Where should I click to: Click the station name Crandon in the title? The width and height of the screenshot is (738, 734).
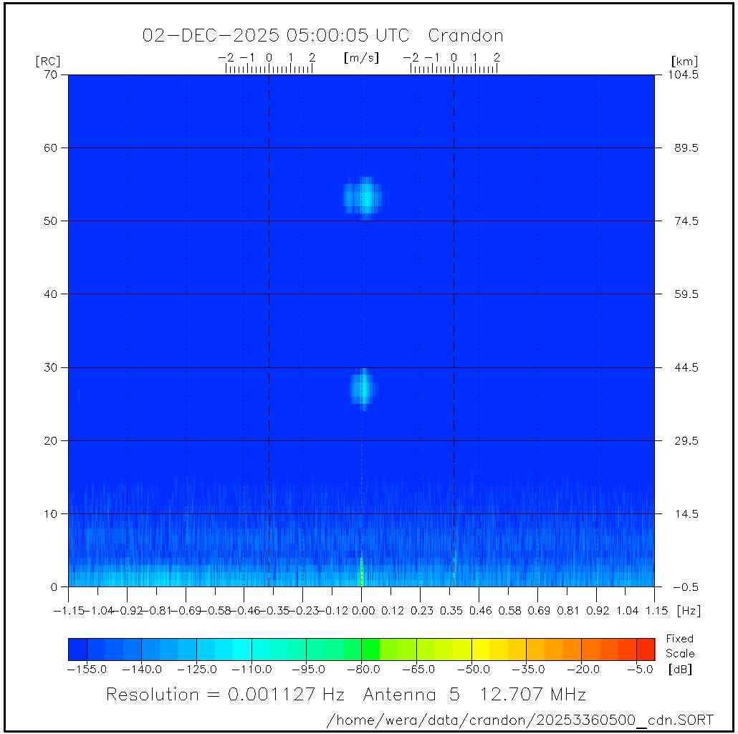(x=466, y=36)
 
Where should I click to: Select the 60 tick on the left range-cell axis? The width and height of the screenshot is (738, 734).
(x=52, y=148)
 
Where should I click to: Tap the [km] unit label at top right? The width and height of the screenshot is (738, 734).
(x=684, y=62)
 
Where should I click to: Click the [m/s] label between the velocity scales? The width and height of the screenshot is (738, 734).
(x=361, y=57)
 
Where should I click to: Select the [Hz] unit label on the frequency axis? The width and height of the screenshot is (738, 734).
(x=689, y=611)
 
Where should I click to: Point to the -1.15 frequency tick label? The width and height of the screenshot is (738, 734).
(x=69, y=611)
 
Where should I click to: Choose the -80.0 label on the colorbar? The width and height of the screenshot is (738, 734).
(x=362, y=669)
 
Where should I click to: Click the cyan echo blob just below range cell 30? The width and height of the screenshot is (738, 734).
(x=363, y=387)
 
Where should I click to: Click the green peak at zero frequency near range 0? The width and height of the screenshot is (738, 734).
(x=362, y=572)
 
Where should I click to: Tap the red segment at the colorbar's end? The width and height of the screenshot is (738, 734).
(x=646, y=649)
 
